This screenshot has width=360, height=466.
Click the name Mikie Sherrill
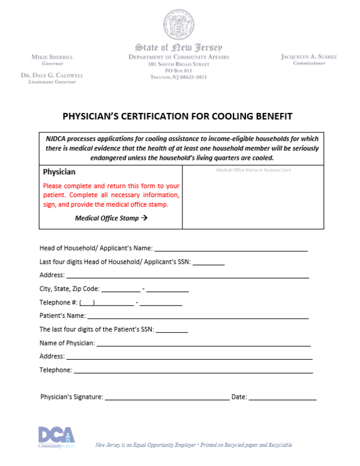(52, 56)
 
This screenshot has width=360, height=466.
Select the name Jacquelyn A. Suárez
(308, 56)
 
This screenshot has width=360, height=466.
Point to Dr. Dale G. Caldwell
(52, 75)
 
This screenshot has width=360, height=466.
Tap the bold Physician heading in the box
(59, 172)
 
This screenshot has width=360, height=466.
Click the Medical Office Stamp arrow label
(111, 218)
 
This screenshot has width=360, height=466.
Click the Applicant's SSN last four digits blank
(209, 264)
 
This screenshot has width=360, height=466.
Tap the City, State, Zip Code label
(70, 289)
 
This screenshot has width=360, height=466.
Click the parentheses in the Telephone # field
(87, 303)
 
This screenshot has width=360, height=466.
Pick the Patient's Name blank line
(198, 316)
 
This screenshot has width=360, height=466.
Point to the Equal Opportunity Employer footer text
(194, 445)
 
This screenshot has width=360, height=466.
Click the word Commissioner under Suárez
(308, 63)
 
